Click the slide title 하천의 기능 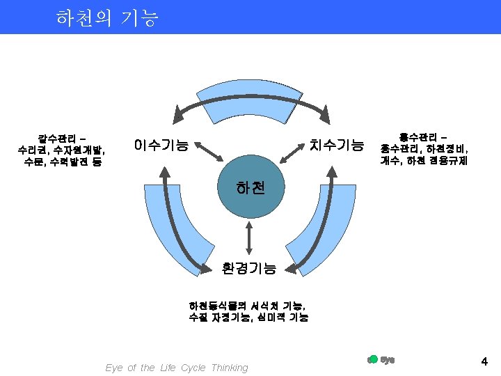tap(107, 17)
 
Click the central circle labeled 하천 tap(250, 189)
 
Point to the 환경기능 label tap(249, 267)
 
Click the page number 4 tap(484, 361)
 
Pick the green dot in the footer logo tap(373, 359)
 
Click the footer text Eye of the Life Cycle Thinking tap(176, 368)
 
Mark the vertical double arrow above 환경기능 tap(249, 237)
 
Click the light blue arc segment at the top tap(250, 97)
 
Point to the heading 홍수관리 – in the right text tap(424, 136)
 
